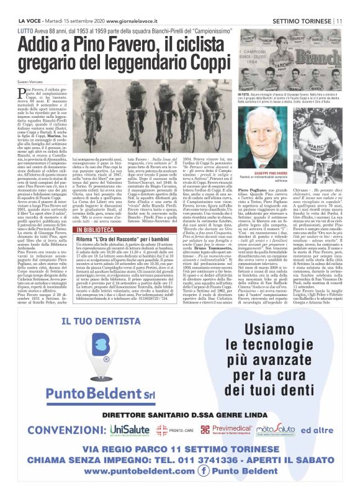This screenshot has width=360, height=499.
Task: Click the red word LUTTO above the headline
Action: [x=26, y=29]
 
